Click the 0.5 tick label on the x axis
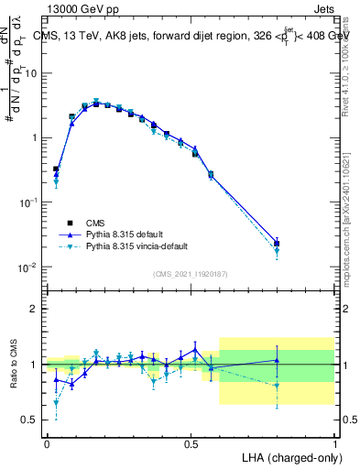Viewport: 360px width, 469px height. (191, 443)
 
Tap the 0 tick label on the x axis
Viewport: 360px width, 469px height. (47, 443)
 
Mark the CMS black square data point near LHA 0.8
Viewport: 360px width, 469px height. (277, 244)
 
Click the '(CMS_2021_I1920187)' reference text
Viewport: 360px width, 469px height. (190, 273)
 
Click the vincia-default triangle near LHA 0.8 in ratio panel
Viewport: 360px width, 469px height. (277, 386)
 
